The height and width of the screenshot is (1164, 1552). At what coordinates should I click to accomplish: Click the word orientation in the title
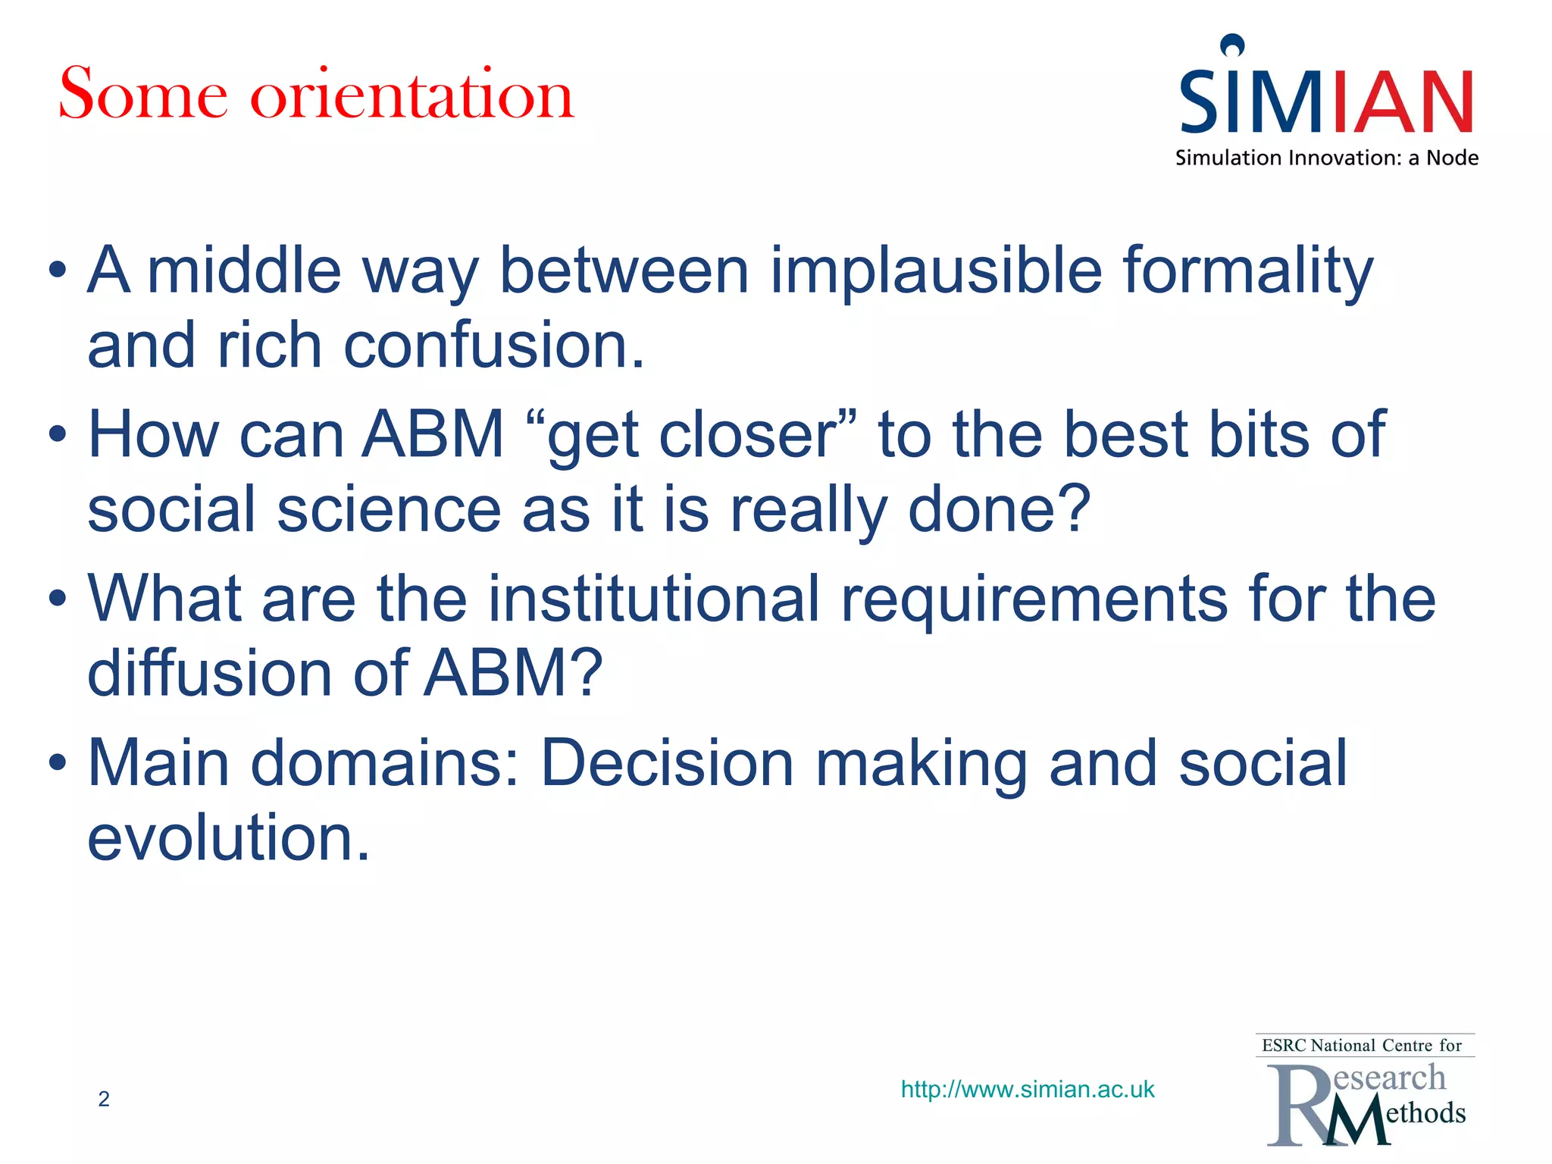(x=412, y=95)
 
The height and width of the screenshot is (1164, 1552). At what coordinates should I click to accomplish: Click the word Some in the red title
(x=142, y=95)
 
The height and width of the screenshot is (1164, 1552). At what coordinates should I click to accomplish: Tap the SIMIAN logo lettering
(x=1326, y=102)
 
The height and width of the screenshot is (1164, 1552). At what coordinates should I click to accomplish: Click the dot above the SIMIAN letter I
(x=1233, y=45)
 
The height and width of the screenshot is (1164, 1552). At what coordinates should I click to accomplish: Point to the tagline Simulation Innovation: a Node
(x=1326, y=158)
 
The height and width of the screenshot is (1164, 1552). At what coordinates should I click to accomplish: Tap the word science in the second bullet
(x=388, y=509)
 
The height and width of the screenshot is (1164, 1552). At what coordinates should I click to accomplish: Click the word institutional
(x=653, y=599)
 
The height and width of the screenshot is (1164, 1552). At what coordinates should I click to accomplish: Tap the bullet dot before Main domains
(x=58, y=764)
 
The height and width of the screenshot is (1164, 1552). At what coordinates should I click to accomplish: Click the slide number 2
(x=104, y=1099)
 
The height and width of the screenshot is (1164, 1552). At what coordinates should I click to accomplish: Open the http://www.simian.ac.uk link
(x=1027, y=1090)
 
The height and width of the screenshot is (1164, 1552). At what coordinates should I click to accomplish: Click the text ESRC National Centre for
(x=1361, y=1046)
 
